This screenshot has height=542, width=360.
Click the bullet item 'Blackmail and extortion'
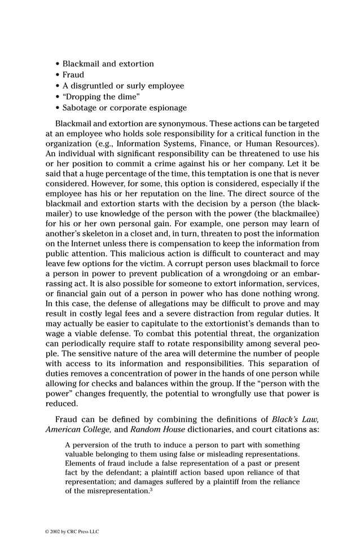[108, 64]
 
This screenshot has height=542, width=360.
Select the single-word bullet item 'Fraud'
[73, 75]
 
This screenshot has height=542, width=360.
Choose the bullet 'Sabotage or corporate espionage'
[124, 108]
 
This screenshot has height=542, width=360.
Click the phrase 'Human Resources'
[285, 144]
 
